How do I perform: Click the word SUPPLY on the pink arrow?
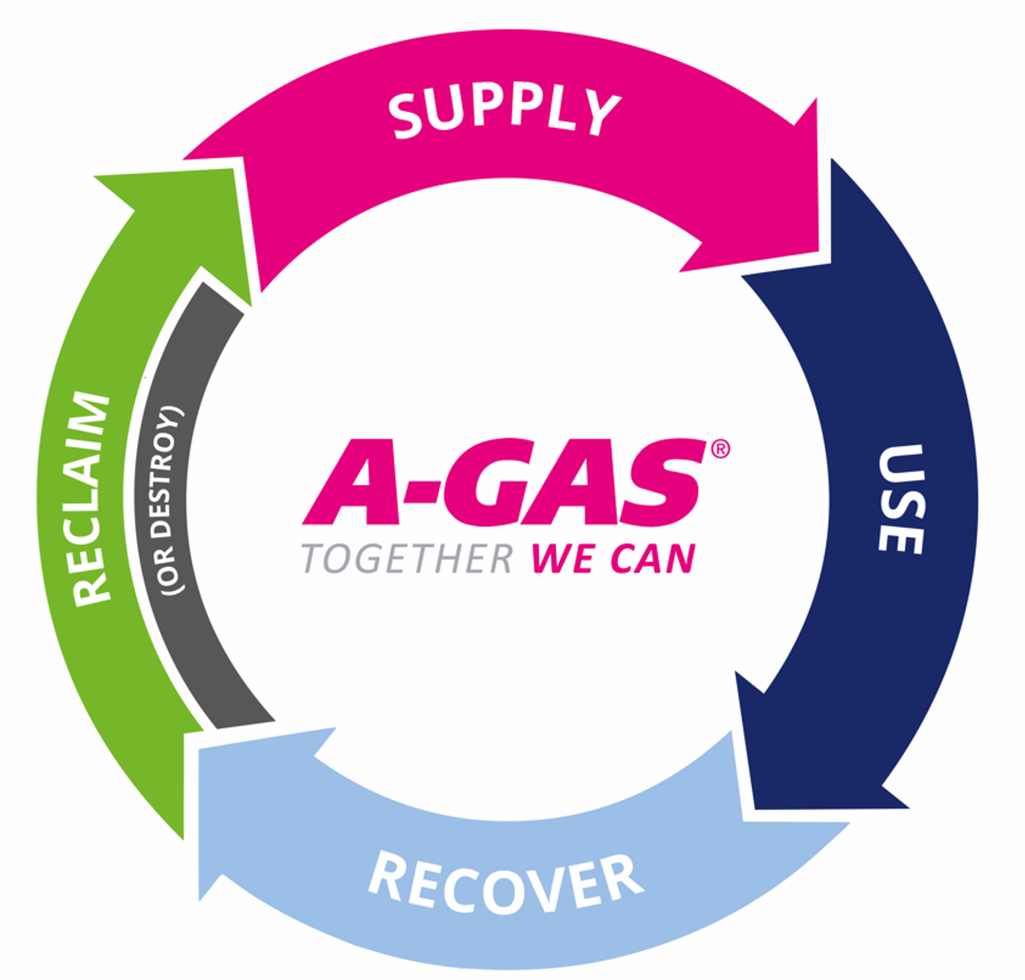504,113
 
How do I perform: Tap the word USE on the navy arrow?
900,499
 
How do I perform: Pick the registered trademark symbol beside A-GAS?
721,449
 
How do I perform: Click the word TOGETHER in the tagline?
407,559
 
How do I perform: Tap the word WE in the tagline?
564,559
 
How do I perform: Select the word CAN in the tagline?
653,559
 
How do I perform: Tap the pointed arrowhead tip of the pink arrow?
818,252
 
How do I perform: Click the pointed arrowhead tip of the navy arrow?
755,808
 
